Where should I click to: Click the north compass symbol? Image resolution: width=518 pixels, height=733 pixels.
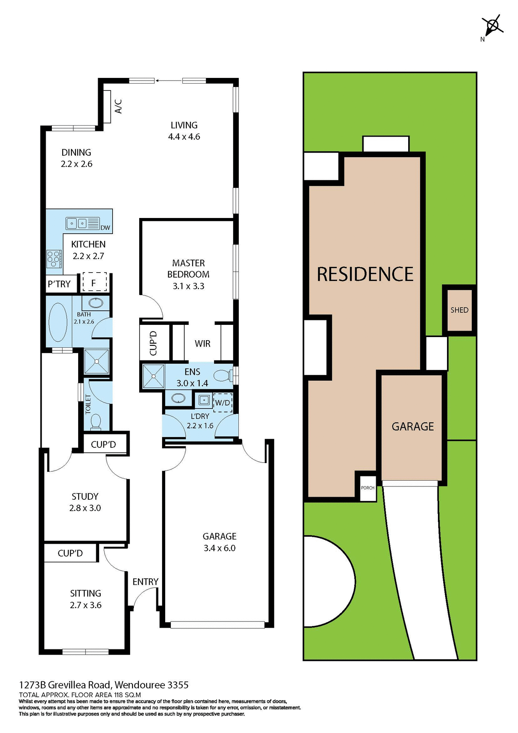point(492,26)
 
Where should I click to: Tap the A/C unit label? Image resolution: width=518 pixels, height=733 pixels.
point(119,107)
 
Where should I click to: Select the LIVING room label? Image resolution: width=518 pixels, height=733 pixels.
point(184,125)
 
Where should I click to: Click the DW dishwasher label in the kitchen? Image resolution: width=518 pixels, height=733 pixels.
point(105,228)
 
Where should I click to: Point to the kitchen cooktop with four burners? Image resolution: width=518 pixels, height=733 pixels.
point(54,259)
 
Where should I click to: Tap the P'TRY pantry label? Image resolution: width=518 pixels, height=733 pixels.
point(59,284)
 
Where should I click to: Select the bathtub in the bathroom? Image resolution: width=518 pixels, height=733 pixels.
point(58,323)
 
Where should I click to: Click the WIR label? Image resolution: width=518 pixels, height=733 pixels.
point(202,344)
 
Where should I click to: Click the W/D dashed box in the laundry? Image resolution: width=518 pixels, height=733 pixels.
point(222,403)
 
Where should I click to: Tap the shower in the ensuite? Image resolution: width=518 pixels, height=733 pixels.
point(153,376)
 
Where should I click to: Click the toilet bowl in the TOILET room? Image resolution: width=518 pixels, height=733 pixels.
point(95,421)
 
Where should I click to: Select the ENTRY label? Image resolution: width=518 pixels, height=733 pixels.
point(145,582)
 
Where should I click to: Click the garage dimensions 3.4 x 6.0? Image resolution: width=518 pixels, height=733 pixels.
point(219,548)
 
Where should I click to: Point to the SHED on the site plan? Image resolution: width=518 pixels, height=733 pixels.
point(459,310)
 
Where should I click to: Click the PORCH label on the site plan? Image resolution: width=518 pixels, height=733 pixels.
point(368,488)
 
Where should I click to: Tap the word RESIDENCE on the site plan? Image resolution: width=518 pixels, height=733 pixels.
point(365,274)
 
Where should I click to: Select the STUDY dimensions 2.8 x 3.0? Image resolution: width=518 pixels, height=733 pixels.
point(85,508)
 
